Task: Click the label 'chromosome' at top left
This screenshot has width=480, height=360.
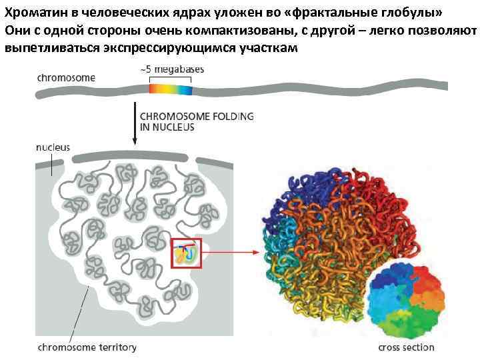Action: tap(66, 78)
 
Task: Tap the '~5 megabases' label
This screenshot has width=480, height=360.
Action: tap(172, 69)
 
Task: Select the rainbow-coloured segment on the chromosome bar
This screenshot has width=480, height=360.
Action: tap(170, 88)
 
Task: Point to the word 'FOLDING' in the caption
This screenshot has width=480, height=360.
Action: tap(229, 116)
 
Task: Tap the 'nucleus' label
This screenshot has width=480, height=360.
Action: tap(53, 147)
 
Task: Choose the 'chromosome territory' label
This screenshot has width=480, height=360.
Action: tap(87, 347)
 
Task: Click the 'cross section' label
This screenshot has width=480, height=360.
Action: tap(406, 347)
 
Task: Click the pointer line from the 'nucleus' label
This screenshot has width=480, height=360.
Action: tap(51, 164)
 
